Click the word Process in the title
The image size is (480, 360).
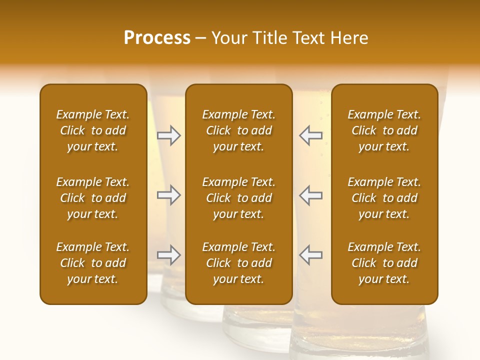click(x=157, y=38)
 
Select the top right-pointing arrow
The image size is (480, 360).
click(x=169, y=135)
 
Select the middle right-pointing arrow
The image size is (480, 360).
click(x=169, y=195)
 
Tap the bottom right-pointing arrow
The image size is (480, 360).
click(x=169, y=255)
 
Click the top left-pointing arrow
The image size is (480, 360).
click(x=310, y=135)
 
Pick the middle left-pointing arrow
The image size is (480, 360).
click(x=310, y=195)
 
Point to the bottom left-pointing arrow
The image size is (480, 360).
click(x=310, y=255)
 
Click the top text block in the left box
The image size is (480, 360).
click(x=93, y=130)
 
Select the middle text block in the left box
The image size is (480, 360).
click(x=93, y=198)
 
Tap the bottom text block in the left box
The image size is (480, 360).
click(x=93, y=263)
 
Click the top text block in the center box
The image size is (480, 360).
click(x=238, y=130)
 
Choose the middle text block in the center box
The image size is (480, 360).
click(x=238, y=198)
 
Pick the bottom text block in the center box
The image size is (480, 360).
click(x=238, y=263)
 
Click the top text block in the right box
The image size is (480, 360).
click(x=384, y=130)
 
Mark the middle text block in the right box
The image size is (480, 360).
click(x=384, y=198)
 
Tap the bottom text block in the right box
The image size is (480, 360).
click(x=384, y=263)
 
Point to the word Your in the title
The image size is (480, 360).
click(x=229, y=38)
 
